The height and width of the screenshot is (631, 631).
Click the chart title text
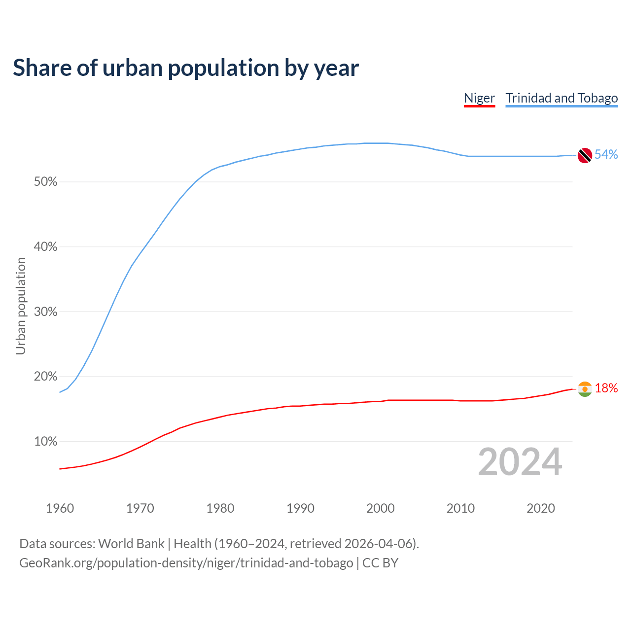(186, 68)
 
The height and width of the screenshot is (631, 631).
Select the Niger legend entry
(479, 98)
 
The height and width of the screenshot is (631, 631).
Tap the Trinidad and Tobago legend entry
(561, 98)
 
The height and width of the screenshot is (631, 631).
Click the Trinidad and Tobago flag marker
(585, 155)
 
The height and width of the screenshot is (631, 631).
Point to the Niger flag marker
(585, 389)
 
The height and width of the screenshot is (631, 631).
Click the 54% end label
(606, 155)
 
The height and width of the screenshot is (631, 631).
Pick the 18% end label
(606, 388)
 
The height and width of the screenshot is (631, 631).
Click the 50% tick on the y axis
(46, 182)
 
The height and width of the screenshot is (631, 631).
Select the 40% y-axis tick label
(46, 247)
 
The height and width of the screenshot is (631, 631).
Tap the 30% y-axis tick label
(46, 312)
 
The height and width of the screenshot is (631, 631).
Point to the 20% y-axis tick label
(46, 377)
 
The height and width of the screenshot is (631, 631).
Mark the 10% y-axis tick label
(46, 442)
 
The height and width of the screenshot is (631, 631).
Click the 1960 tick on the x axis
(60, 508)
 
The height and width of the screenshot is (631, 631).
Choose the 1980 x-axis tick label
(220, 508)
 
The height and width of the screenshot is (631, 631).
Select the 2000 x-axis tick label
(381, 508)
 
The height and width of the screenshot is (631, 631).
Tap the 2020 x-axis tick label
(541, 508)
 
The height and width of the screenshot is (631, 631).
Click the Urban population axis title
(21, 306)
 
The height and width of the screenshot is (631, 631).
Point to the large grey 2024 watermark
(520, 462)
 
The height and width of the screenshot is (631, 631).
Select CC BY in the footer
(380, 563)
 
